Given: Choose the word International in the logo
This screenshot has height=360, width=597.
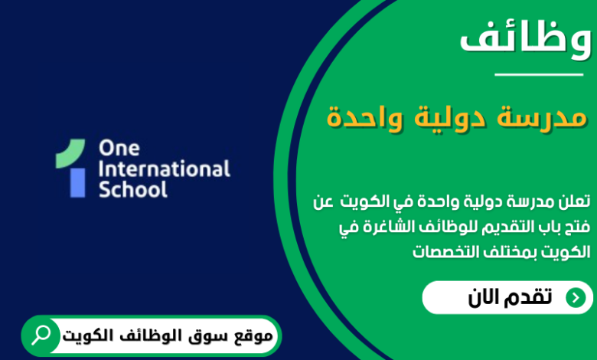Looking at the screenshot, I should [164, 168].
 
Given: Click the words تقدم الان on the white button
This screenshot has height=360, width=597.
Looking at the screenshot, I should [510, 298].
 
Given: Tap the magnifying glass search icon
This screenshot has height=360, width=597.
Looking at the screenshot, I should [41, 335].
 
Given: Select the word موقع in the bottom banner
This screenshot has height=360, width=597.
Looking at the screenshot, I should [252, 335].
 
